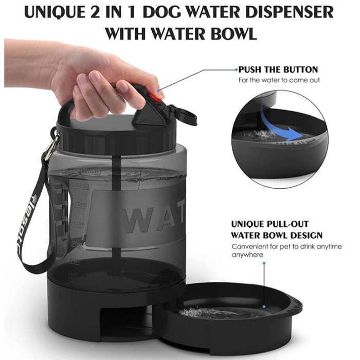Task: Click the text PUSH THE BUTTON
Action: pos(278,69)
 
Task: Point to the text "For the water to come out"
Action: pos(278,80)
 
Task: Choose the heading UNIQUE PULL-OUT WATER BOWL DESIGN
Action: pos(277,230)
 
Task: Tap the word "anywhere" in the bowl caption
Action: pos(247,255)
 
